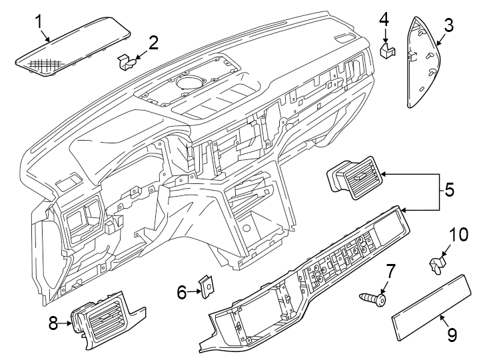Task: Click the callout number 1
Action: [x=39, y=21]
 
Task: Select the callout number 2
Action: [x=153, y=43]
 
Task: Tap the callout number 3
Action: [x=448, y=26]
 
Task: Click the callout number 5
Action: [x=449, y=190]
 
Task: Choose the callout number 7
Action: [x=390, y=271]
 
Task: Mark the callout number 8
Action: [x=54, y=324]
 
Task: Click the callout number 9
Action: [x=452, y=335]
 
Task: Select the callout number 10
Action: [x=459, y=235]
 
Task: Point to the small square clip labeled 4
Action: [x=385, y=51]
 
